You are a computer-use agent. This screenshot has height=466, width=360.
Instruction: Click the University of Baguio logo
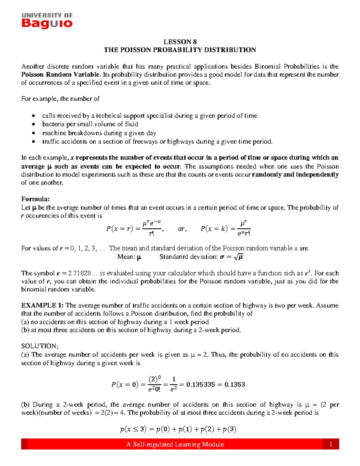click(47, 21)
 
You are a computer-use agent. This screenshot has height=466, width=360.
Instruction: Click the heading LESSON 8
click(180, 42)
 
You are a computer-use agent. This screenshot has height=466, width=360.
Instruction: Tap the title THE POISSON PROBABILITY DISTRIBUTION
click(180, 50)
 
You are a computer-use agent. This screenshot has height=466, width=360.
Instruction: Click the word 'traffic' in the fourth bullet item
click(51, 142)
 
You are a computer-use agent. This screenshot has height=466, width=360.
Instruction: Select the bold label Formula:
click(35, 199)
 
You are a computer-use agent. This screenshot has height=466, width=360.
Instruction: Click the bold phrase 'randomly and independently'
click(295, 175)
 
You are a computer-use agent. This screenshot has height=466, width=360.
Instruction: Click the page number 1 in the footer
click(331, 444)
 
